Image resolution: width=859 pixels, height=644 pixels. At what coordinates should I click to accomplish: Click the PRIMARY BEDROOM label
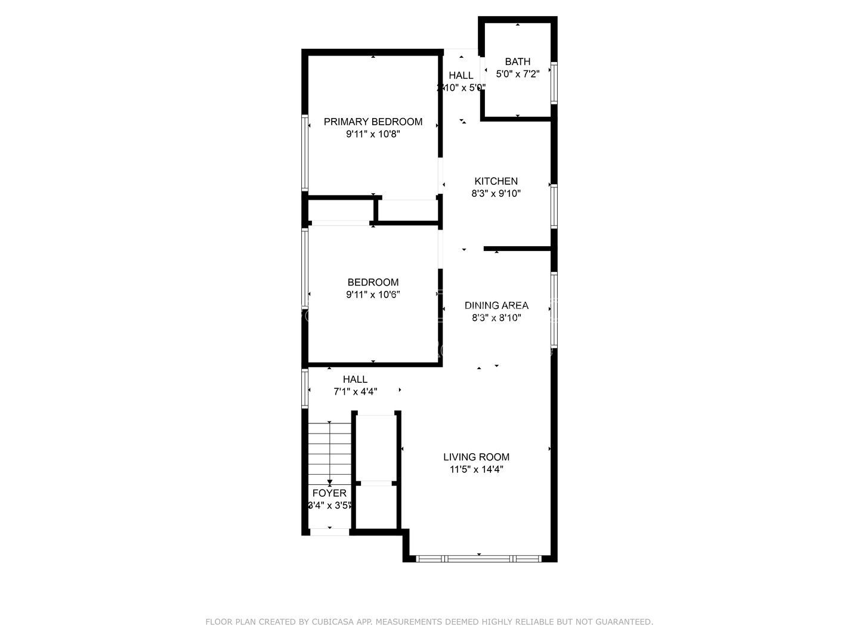[373, 122]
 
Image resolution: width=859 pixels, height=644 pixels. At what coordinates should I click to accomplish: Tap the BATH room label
[517, 61]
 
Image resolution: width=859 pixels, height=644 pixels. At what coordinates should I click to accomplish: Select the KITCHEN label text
[496, 181]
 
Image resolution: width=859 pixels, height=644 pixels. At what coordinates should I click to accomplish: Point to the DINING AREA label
[496, 305]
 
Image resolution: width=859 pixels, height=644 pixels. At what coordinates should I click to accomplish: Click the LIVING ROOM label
[476, 457]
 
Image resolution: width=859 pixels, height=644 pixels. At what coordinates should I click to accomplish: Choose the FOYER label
[329, 493]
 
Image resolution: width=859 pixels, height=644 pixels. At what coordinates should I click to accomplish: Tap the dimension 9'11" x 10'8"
[373, 135]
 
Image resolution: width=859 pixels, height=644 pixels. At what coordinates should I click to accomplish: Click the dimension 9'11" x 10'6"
[373, 295]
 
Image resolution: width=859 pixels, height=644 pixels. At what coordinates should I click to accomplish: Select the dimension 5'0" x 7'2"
[517, 74]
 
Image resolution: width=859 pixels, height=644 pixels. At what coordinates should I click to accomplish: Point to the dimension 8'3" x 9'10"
[496, 194]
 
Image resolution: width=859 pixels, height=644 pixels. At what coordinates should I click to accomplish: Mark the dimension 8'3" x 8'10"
[496, 318]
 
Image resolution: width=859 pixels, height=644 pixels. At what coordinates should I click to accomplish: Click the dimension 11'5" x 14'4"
[476, 470]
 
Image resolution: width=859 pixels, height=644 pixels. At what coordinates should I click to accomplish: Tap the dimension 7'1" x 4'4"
[355, 392]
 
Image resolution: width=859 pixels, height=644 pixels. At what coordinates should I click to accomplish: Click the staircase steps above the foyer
[329, 450]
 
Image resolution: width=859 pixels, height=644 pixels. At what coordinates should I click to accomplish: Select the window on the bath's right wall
[554, 83]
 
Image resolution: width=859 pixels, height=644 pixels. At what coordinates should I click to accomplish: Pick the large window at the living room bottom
[479, 559]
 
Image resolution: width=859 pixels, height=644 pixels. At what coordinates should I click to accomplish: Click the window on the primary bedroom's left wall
[305, 153]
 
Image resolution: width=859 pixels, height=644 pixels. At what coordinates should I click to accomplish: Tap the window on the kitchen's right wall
[554, 206]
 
